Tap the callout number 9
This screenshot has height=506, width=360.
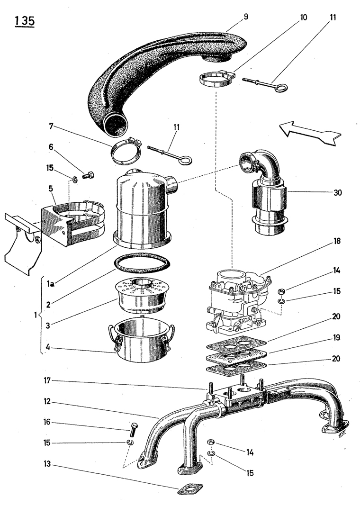pos(246,17)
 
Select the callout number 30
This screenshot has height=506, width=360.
pos(337,192)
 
